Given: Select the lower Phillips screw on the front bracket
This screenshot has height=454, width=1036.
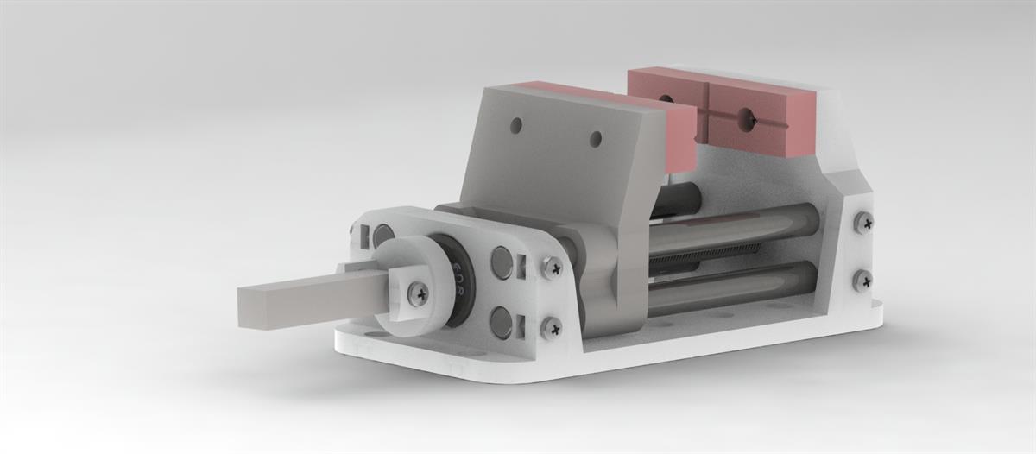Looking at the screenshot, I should (x=551, y=327).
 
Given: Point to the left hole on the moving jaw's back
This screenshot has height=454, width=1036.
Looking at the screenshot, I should (x=515, y=126).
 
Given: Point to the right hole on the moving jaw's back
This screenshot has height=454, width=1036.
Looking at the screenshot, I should (x=595, y=138).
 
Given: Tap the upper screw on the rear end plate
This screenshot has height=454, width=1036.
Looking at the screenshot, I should (x=862, y=223).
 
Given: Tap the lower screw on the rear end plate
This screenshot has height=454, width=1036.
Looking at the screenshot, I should (x=862, y=280).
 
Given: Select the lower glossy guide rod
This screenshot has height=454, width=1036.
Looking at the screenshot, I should (x=734, y=289).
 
